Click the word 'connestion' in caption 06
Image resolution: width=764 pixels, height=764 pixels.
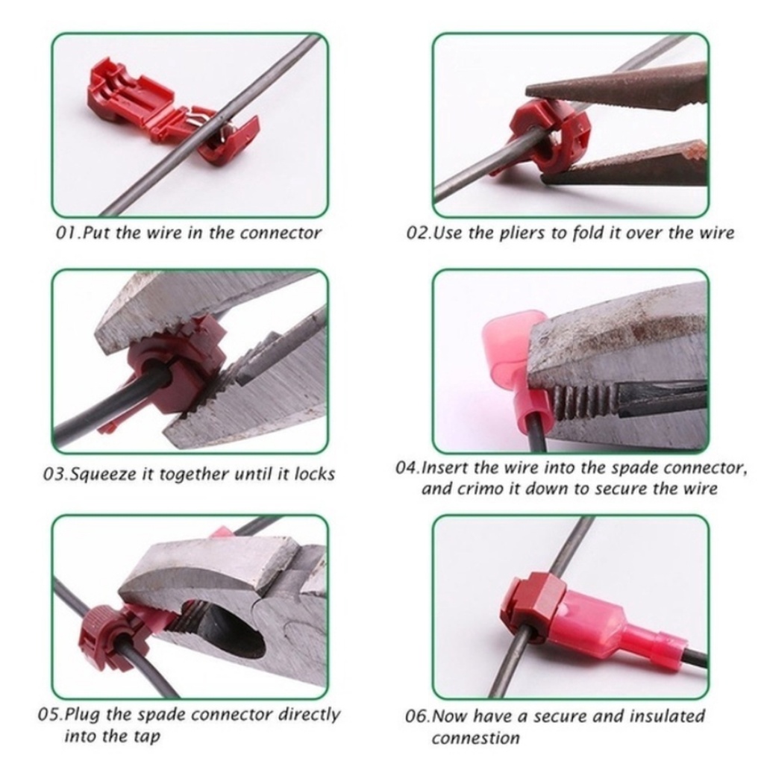tap(475, 738)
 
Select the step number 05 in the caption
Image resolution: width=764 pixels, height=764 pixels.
tap(49, 716)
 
